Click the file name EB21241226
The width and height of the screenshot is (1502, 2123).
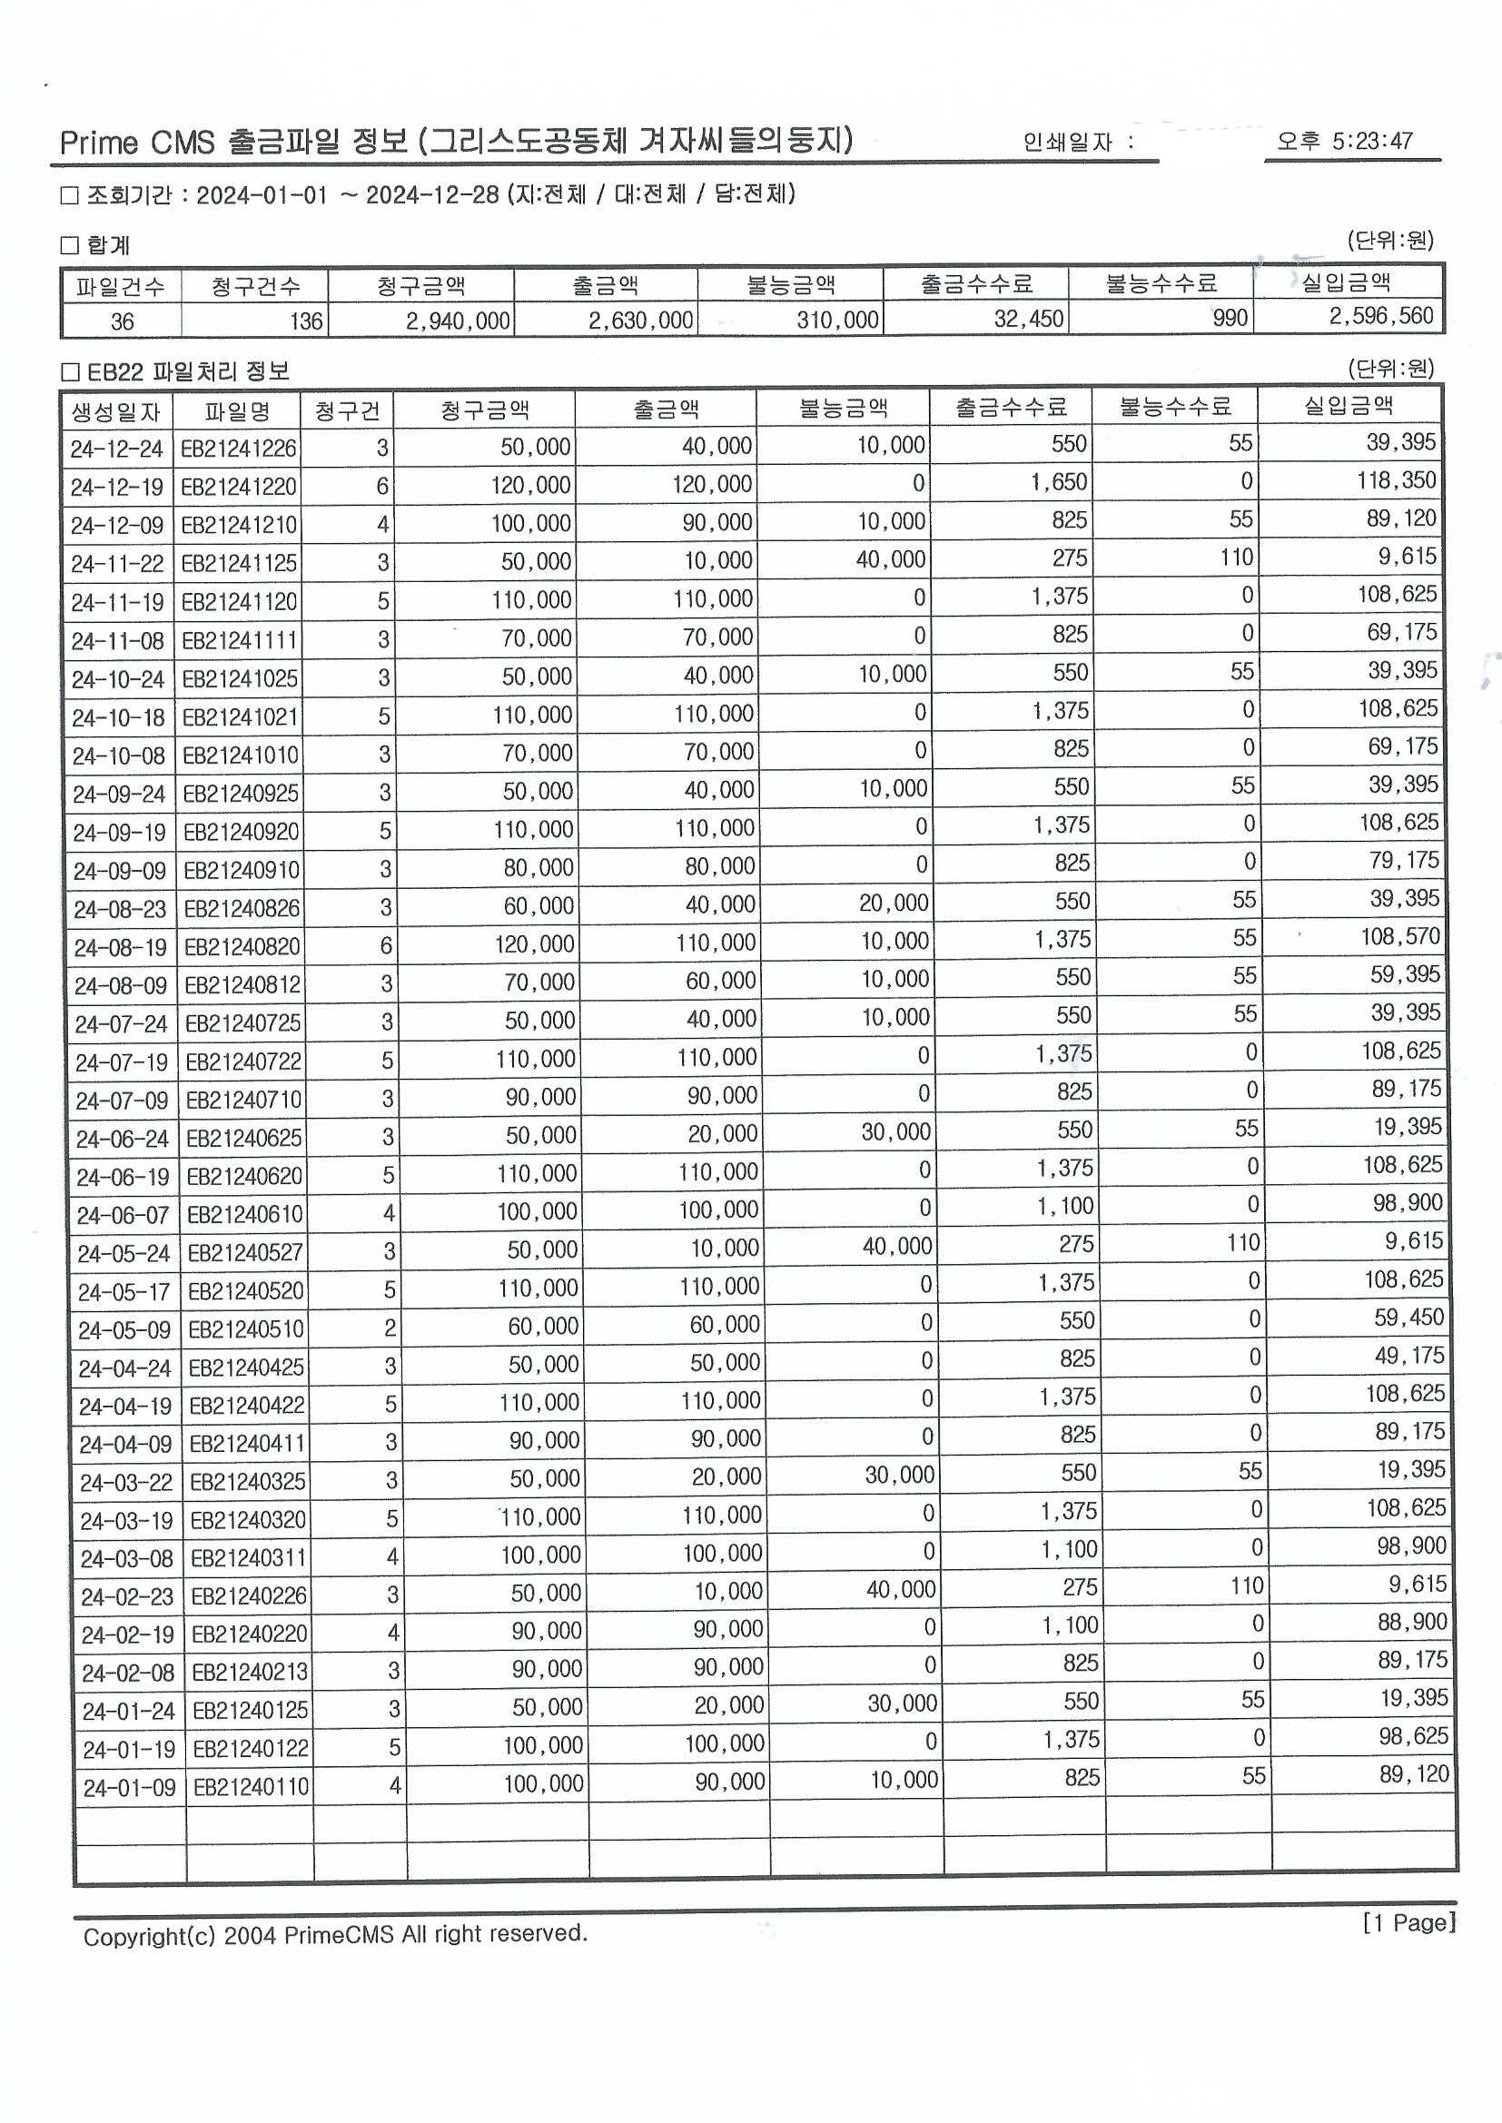tap(239, 449)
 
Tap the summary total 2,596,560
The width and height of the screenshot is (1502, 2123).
tap(1381, 316)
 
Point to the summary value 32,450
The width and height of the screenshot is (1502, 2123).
tap(1029, 319)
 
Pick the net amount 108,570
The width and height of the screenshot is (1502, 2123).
tap(1399, 937)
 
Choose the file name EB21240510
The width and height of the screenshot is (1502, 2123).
tap(246, 1329)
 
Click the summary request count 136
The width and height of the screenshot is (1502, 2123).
tap(305, 321)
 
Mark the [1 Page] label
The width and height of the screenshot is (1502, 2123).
tap(1408, 1923)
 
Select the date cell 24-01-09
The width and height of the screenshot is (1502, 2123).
tap(129, 1788)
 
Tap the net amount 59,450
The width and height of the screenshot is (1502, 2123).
tap(1408, 1318)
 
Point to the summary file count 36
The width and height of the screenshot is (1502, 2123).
tap(122, 321)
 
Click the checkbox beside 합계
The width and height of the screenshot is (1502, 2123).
tap(69, 245)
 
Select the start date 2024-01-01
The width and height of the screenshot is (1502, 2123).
tap(262, 195)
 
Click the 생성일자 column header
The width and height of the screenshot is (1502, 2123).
tap(116, 412)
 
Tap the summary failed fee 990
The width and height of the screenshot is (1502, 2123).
tap(1230, 318)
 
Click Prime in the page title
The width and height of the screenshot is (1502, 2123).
tap(99, 143)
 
